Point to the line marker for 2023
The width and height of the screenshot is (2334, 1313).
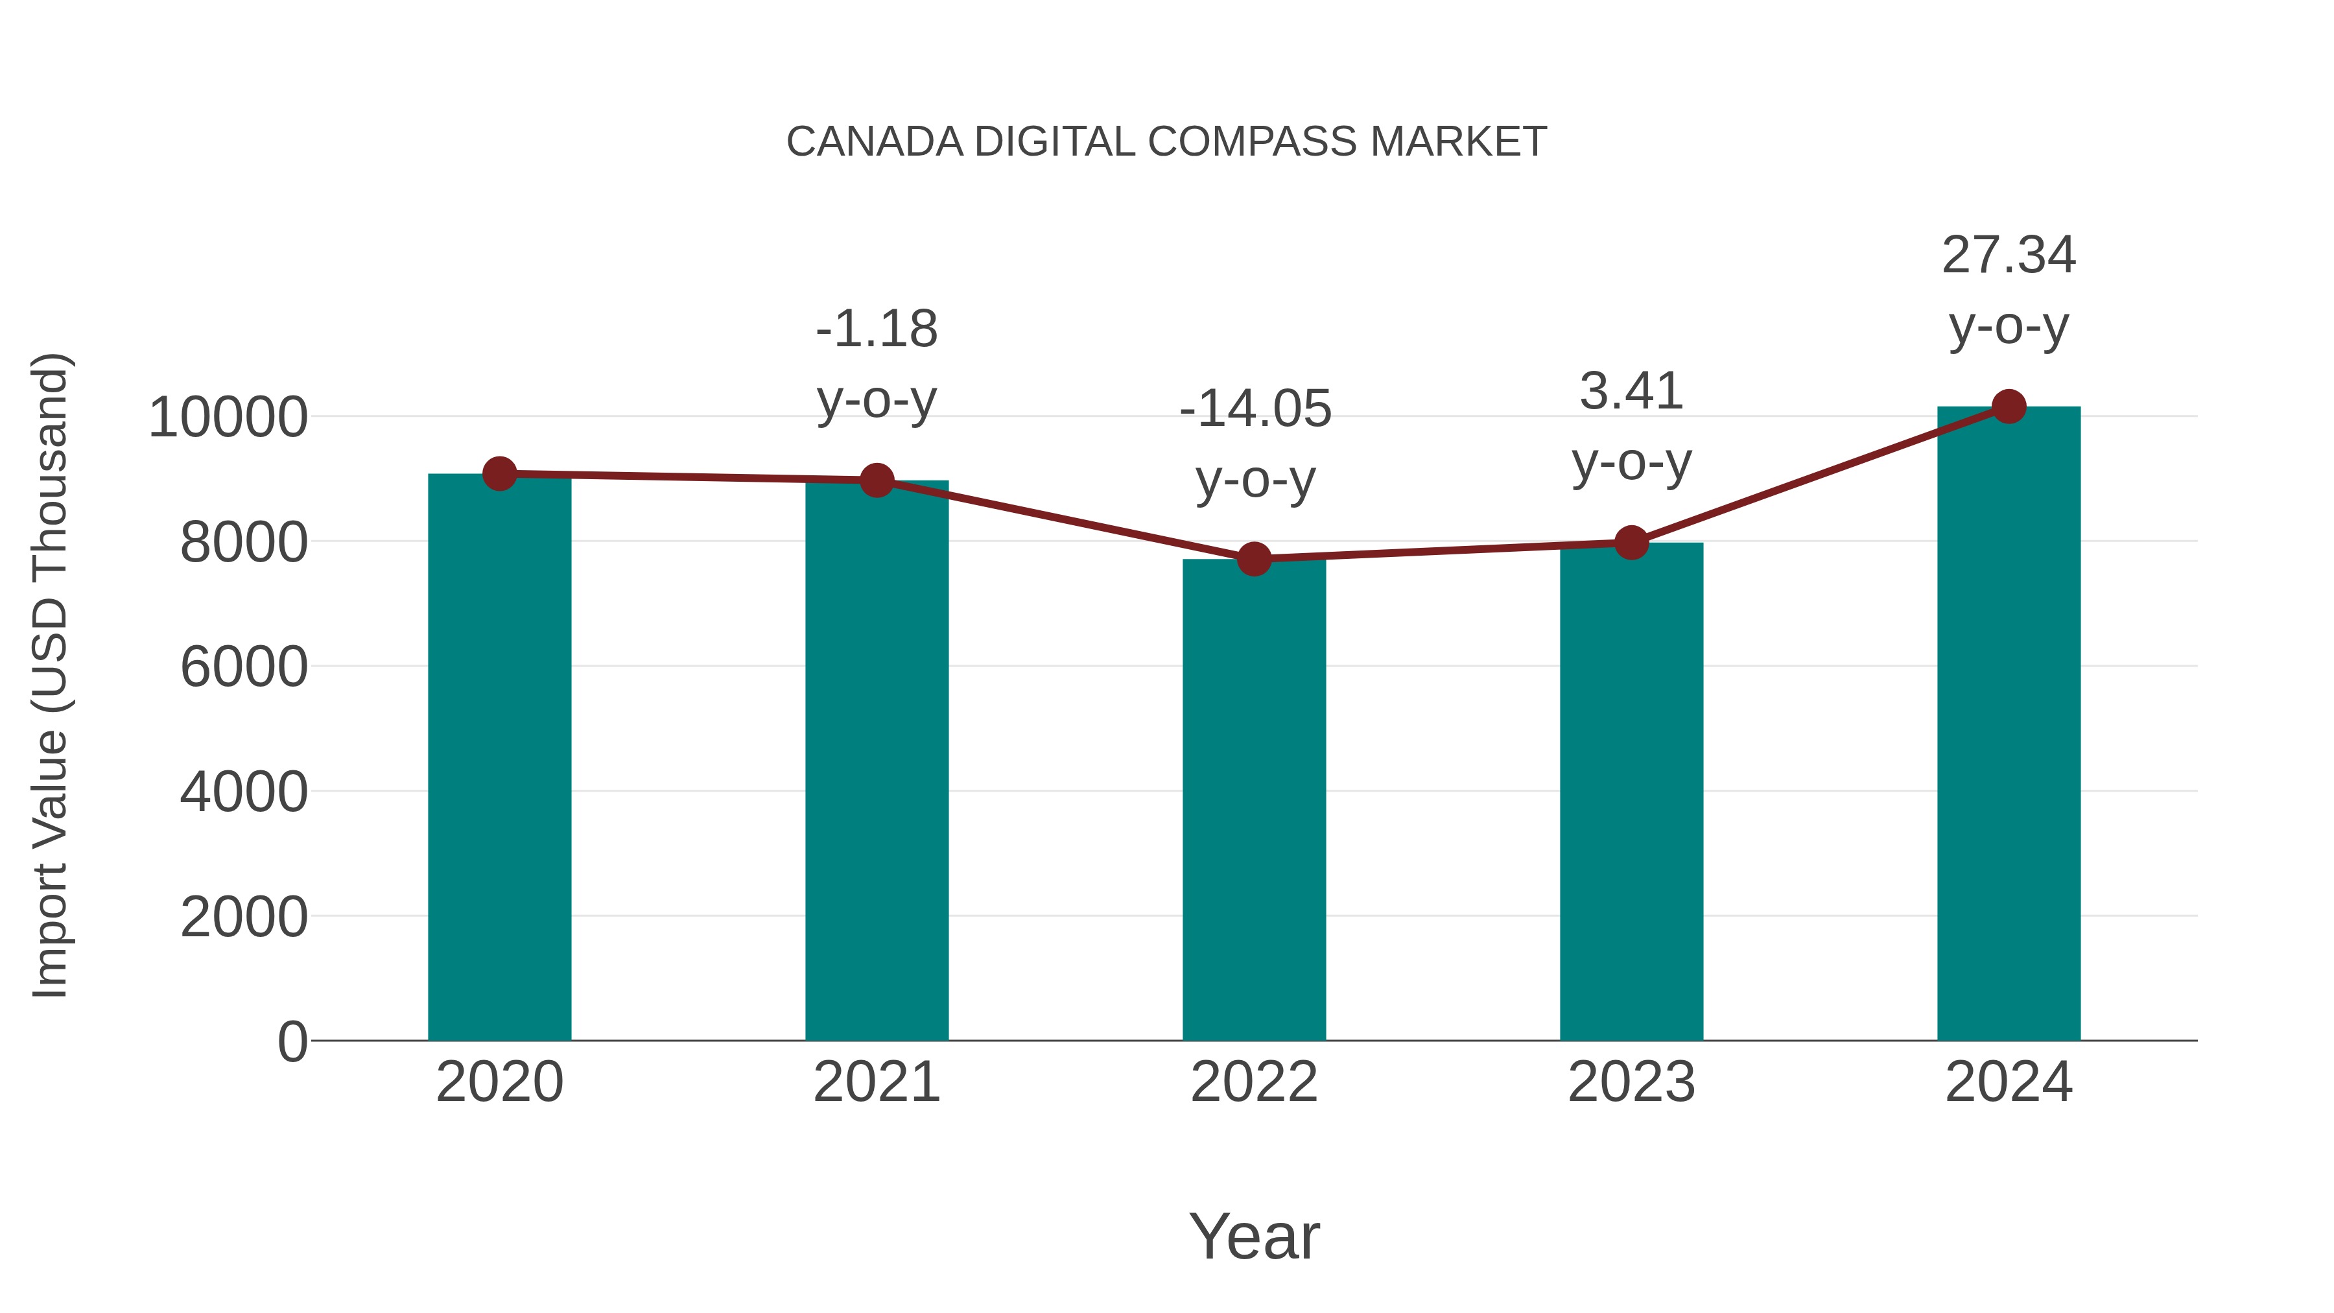1631,543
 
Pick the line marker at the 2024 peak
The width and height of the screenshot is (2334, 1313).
2009,407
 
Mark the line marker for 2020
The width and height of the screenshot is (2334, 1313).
499,473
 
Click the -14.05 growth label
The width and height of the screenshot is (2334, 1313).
1255,408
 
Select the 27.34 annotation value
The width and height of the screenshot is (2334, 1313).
2009,255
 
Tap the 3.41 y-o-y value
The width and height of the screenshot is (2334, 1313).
1631,392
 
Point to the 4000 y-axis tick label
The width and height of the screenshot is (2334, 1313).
244,792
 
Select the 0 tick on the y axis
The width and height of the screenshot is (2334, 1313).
292,1041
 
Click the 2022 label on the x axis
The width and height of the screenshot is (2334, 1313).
1254,1082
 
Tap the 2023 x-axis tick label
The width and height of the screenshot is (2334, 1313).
1631,1082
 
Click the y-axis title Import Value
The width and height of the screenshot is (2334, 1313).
51,861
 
